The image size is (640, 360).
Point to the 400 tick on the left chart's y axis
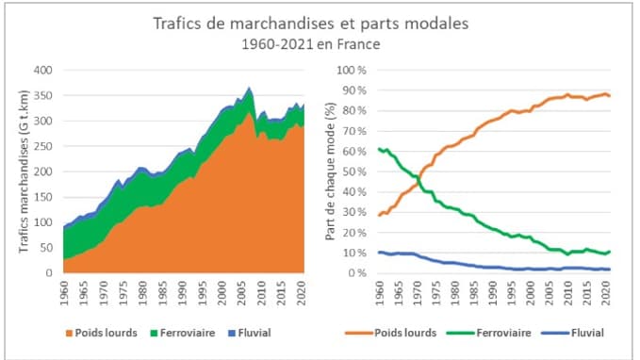(x=43, y=70)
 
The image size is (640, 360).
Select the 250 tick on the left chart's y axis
(x=43, y=146)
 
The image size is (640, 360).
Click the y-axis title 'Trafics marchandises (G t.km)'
(x=23, y=172)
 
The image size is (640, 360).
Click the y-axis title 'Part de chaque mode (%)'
(x=332, y=172)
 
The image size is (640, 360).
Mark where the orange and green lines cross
(x=418, y=176)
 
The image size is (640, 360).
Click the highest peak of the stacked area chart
(x=249, y=88)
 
